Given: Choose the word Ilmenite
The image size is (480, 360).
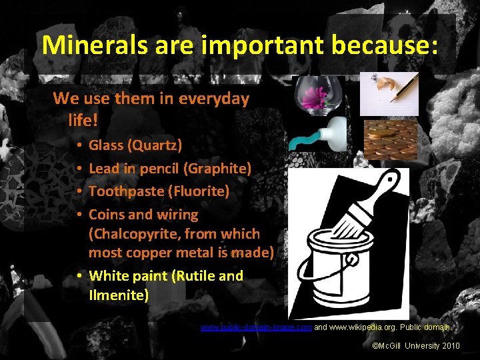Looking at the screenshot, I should coord(119,295).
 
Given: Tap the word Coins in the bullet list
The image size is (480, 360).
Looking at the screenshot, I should coord(106,215).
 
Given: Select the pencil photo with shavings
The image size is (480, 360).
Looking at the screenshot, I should coord(390,94).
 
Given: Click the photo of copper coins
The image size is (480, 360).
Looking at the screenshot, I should coord(390,139).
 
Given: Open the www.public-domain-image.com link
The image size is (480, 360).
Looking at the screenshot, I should coord(256,327).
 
